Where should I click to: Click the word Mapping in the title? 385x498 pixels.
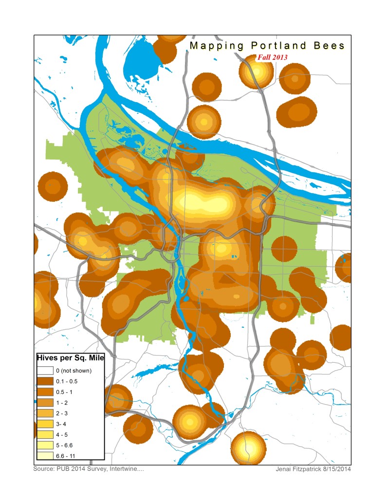[x=217, y=46]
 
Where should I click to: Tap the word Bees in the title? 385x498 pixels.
[x=328, y=46]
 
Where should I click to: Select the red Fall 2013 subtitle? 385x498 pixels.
[x=273, y=57]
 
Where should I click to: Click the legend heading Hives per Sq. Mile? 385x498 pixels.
[x=71, y=358]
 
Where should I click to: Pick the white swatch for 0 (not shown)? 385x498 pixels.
[x=46, y=371]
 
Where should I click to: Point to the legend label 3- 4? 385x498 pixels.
[x=62, y=424]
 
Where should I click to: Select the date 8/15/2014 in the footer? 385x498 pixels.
[x=337, y=469]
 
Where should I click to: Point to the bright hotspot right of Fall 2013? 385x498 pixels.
[x=256, y=71]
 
